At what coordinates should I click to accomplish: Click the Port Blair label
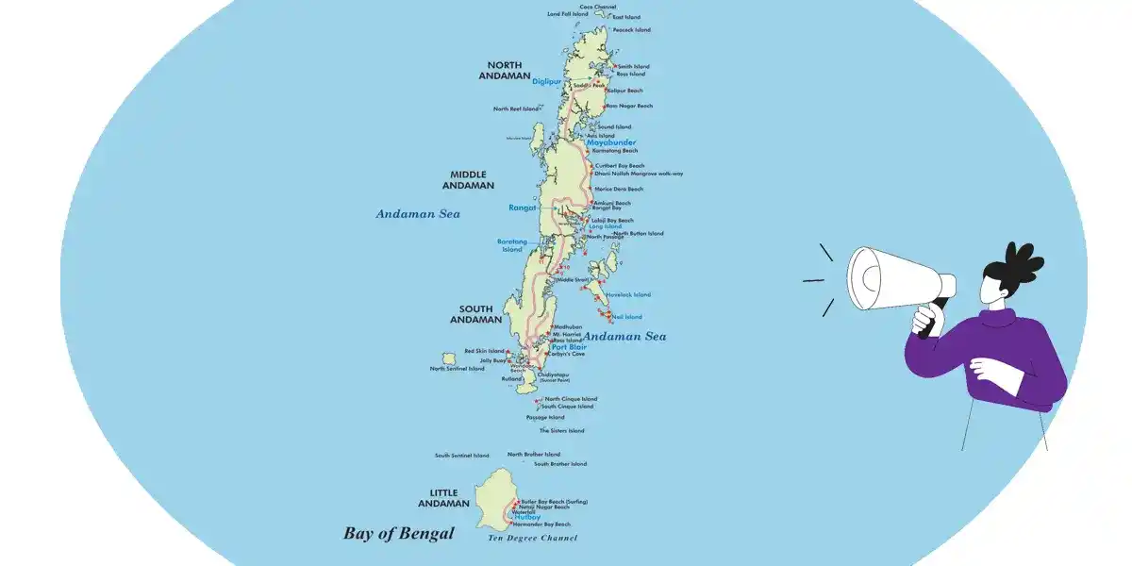(569, 347)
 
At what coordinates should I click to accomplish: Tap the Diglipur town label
(546, 81)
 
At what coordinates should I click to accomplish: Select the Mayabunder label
(610, 142)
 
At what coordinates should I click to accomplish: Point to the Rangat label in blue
(522, 208)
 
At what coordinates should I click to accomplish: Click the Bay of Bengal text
(398, 534)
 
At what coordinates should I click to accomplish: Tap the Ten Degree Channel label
(532, 538)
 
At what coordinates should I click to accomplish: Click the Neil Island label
(627, 317)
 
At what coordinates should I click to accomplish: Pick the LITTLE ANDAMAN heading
(457, 497)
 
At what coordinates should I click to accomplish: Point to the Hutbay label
(527, 517)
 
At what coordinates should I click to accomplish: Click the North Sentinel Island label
(457, 369)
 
